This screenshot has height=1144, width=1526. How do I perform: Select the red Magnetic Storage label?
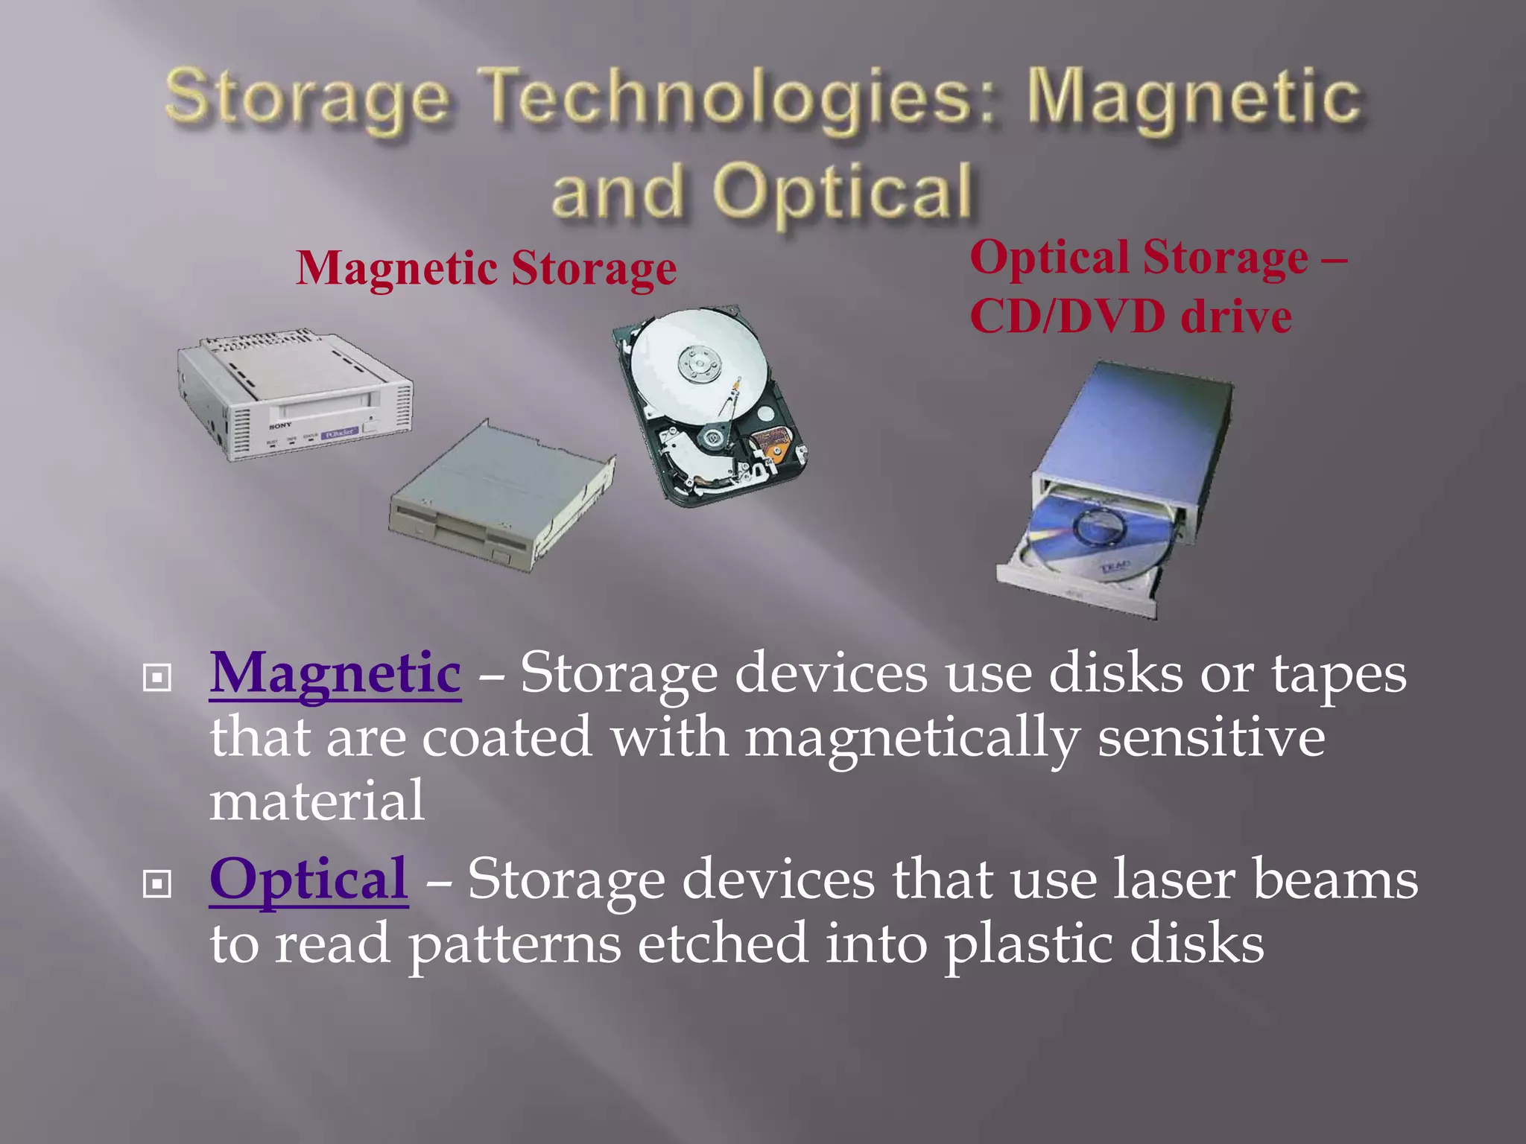coord(486,268)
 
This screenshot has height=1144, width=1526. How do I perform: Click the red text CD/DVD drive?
coord(1130,317)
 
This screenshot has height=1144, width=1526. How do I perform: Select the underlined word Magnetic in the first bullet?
coord(335,673)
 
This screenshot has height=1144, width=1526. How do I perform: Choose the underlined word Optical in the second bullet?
coord(308,880)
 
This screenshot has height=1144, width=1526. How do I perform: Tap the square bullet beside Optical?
coord(157,884)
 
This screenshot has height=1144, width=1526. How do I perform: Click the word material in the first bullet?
coord(317,801)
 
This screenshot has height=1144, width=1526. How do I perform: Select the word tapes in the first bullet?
coord(1338,675)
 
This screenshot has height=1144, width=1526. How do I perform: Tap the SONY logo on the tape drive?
coord(281,425)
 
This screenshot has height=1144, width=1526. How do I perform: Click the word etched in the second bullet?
coord(722,943)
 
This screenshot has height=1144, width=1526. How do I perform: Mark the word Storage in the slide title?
coord(306,98)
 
